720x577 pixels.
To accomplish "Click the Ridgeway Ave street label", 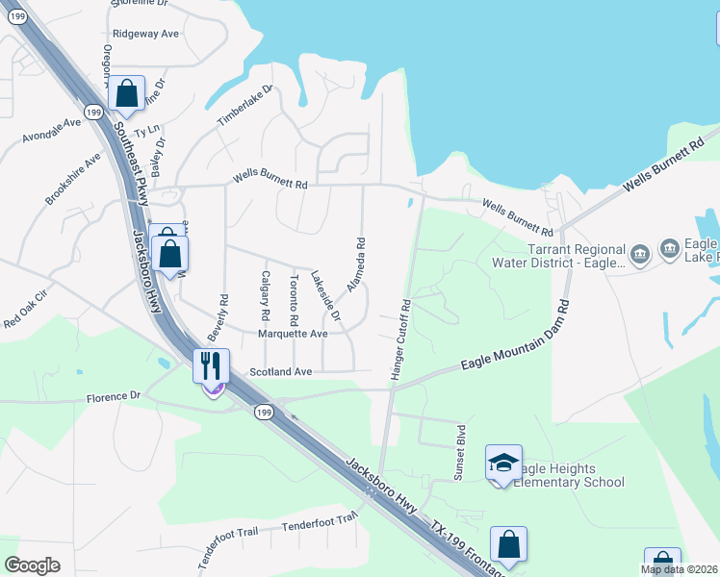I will pos(145,33).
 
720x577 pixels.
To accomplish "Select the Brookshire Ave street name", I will pos(72,178).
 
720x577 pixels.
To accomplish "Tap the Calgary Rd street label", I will pos(266,296).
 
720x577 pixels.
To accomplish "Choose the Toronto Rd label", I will pos(294,298).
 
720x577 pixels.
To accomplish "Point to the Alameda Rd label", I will pos(357,267).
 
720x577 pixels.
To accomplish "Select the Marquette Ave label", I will pos(293,334).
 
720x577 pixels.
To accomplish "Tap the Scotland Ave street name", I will pos(281,371).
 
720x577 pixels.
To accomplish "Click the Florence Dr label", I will pos(114,396).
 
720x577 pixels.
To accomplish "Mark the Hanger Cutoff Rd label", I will pos(400,342).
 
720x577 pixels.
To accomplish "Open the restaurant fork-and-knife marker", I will pos(212,366).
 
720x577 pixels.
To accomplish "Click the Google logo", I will pos(33,565).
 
